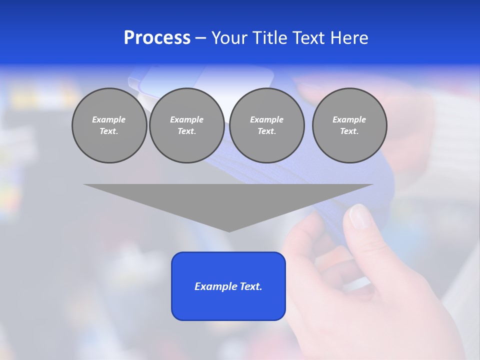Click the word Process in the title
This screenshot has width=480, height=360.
click(157, 38)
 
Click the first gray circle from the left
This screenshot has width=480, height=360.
click(109, 125)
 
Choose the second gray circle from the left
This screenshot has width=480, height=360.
click(186, 125)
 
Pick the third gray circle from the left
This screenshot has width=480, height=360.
click(266, 125)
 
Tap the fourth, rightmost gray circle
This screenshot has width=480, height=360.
click(349, 125)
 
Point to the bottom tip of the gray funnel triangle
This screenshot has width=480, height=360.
click(229, 231)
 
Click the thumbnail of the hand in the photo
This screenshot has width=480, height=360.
click(359, 216)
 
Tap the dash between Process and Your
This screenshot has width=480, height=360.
click(201, 38)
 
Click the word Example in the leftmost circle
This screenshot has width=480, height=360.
click(109, 119)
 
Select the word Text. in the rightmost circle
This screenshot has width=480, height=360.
click(349, 131)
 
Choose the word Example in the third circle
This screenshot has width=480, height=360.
click(266, 119)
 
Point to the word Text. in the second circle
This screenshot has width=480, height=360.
click(186, 131)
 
